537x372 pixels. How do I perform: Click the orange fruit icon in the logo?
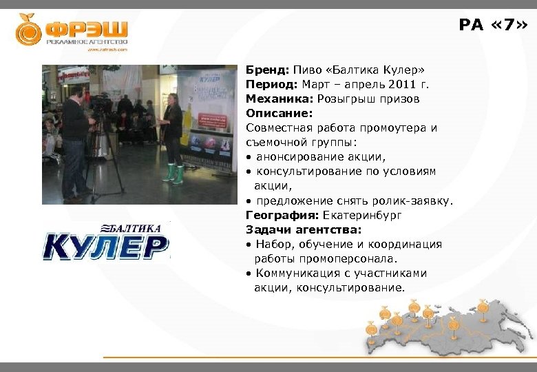click(x=29, y=30)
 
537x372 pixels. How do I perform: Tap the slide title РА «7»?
click(x=494, y=25)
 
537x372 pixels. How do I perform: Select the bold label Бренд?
click(x=268, y=70)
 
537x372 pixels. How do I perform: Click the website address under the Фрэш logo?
click(x=107, y=50)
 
